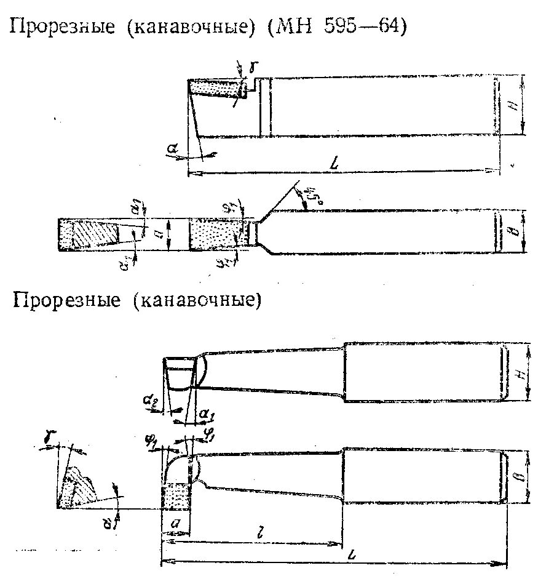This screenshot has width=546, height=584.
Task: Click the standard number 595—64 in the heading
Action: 372,28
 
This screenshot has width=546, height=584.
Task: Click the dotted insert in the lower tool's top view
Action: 176,495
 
